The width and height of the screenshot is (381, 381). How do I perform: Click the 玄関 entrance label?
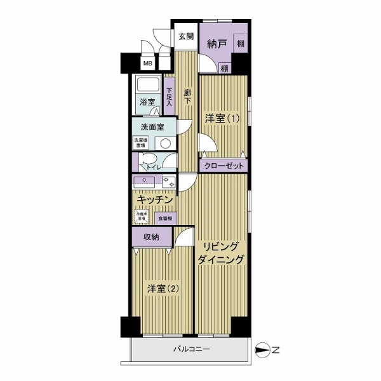pyautogui.click(x=185, y=37)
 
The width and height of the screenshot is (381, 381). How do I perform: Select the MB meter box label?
pyautogui.click(x=147, y=63)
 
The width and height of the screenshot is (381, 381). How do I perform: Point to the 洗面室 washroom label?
pyautogui.click(x=153, y=127)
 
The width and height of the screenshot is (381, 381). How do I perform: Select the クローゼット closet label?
pyautogui.click(x=223, y=165)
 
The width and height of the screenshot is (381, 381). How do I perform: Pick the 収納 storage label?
pyautogui.click(x=151, y=237)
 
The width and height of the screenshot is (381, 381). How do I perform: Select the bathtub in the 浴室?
pyautogui.click(x=148, y=86)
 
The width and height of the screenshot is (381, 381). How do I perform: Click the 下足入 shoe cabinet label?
pyautogui.click(x=169, y=96)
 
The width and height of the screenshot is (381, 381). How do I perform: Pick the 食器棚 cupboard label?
pyautogui.click(x=165, y=218)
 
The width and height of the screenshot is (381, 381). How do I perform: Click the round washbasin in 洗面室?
pyautogui.click(x=166, y=144)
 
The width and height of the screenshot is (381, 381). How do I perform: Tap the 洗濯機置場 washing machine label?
pyautogui.click(x=139, y=143)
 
